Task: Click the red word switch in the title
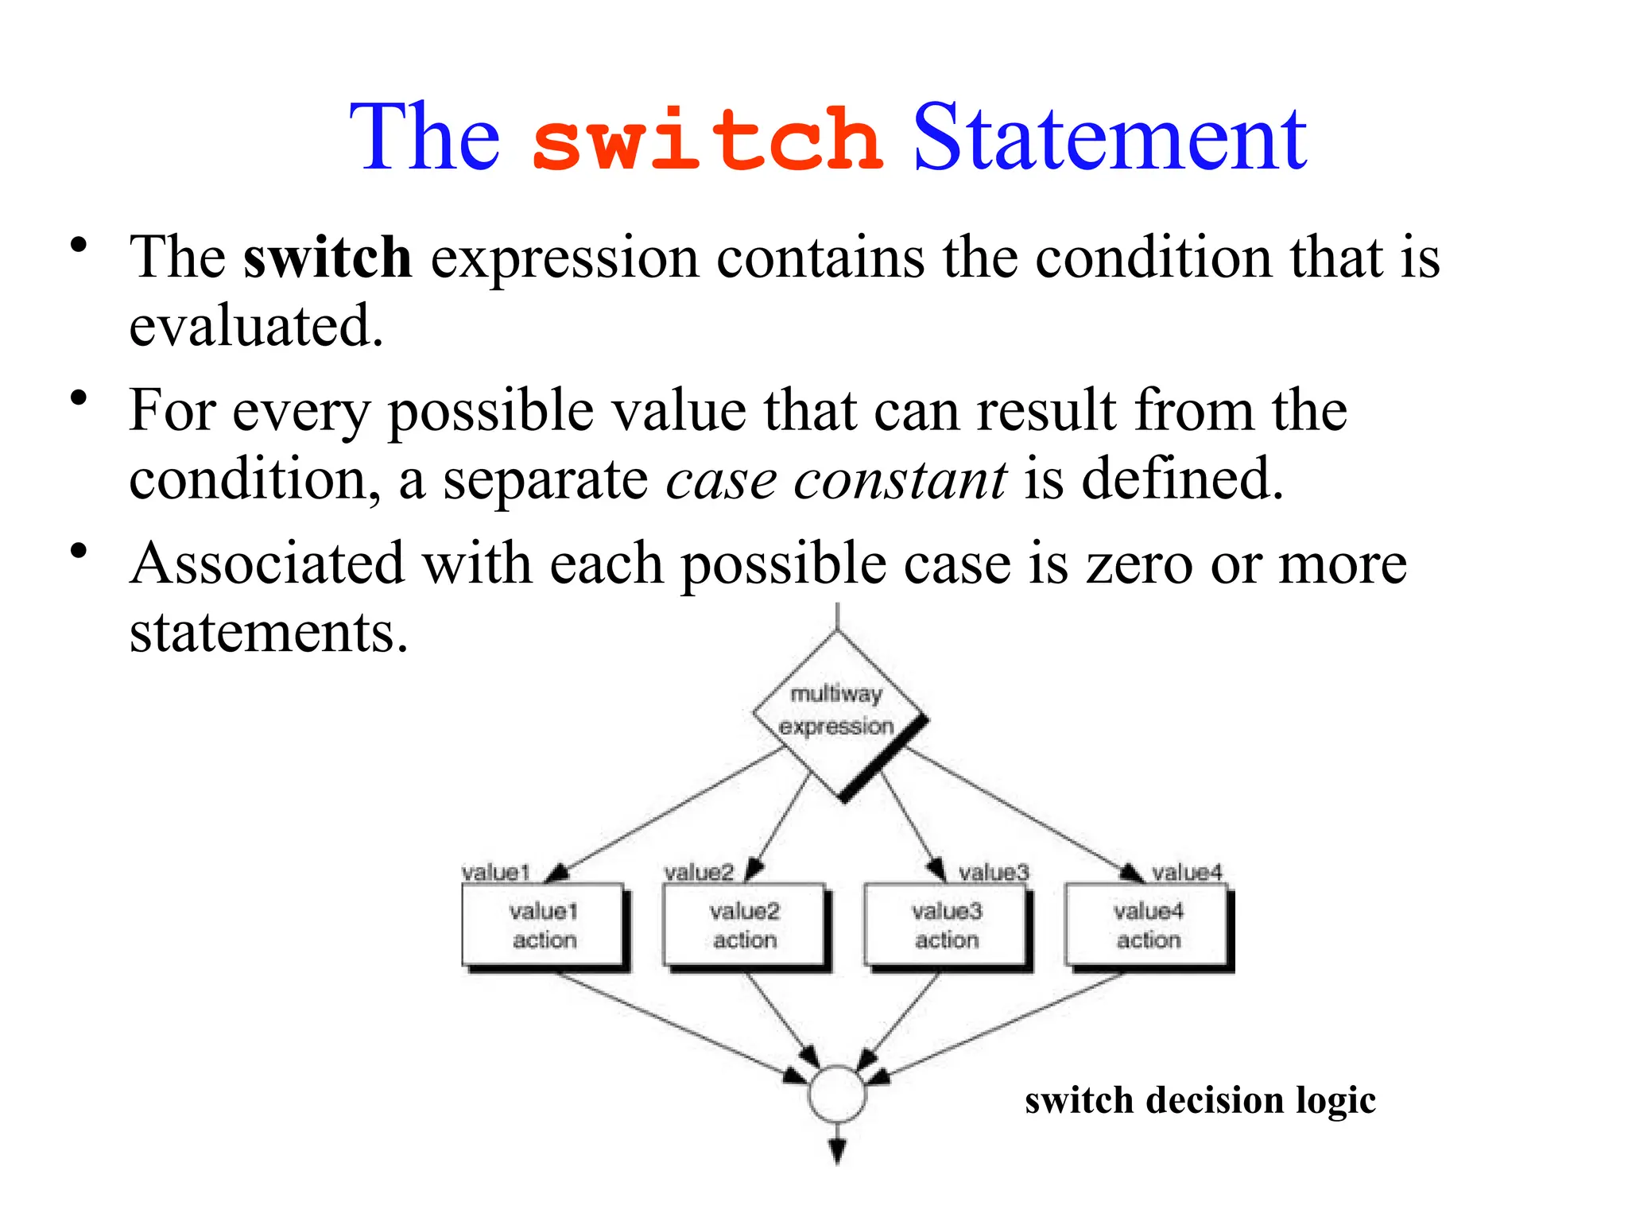(x=706, y=140)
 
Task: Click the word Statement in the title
(x=1109, y=138)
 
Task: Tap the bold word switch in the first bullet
(x=327, y=258)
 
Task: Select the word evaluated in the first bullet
(x=256, y=326)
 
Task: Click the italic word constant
(x=900, y=480)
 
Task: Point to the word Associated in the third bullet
(x=267, y=564)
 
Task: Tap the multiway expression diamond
(x=837, y=711)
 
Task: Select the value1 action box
(x=544, y=925)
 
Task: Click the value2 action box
(x=745, y=925)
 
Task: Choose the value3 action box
(x=946, y=925)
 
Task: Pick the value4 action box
(x=1148, y=925)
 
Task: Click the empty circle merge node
(x=837, y=1094)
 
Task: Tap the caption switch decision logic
(x=1200, y=1101)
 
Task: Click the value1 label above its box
(x=495, y=872)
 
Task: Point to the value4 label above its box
(x=1187, y=872)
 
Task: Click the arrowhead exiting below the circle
(x=837, y=1151)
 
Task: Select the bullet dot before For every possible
(x=77, y=397)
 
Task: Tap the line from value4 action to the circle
(x=1002, y=1026)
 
